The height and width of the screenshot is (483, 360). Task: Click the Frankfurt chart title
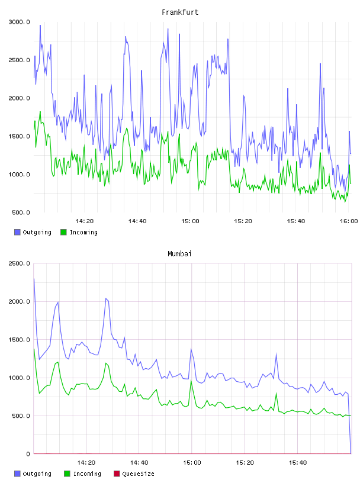click(x=180, y=12)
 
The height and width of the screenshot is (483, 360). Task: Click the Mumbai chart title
click(x=179, y=254)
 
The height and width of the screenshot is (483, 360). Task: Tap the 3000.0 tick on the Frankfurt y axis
click(x=19, y=22)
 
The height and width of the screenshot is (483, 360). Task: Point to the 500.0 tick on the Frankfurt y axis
click(x=21, y=212)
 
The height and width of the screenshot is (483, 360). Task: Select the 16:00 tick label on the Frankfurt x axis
click(x=349, y=221)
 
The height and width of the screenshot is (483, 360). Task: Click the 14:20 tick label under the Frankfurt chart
click(x=85, y=221)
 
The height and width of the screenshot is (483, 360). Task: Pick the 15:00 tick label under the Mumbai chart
click(x=192, y=463)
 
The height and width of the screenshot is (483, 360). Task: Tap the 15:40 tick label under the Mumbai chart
click(x=298, y=463)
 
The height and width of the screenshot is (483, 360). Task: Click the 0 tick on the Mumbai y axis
click(x=28, y=454)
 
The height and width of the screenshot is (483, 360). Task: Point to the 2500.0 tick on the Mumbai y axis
click(x=19, y=263)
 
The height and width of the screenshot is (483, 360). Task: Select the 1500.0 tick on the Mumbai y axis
click(x=19, y=340)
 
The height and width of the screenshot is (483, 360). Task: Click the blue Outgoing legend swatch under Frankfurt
click(x=17, y=232)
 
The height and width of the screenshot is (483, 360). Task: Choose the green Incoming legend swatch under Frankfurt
click(x=63, y=232)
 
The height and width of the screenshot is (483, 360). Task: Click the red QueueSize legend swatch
click(x=117, y=474)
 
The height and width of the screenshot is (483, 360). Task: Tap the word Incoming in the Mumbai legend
click(x=87, y=474)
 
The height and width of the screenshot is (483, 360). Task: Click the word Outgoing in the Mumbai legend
click(x=37, y=474)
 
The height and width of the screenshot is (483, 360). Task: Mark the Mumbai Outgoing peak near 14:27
click(x=106, y=298)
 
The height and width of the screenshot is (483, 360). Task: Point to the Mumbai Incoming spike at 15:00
click(x=191, y=381)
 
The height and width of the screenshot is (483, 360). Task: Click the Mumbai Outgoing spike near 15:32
click(x=276, y=353)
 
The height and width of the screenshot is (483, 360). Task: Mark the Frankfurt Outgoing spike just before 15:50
click(x=320, y=64)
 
